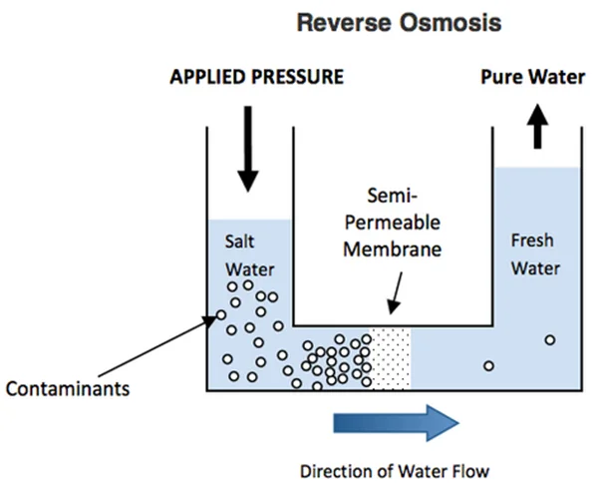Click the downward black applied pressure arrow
[247, 149]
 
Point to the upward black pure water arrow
[538, 127]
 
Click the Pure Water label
[535, 77]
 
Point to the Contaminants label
[66, 387]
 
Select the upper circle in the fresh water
[549, 340]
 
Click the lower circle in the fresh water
[488, 365]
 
